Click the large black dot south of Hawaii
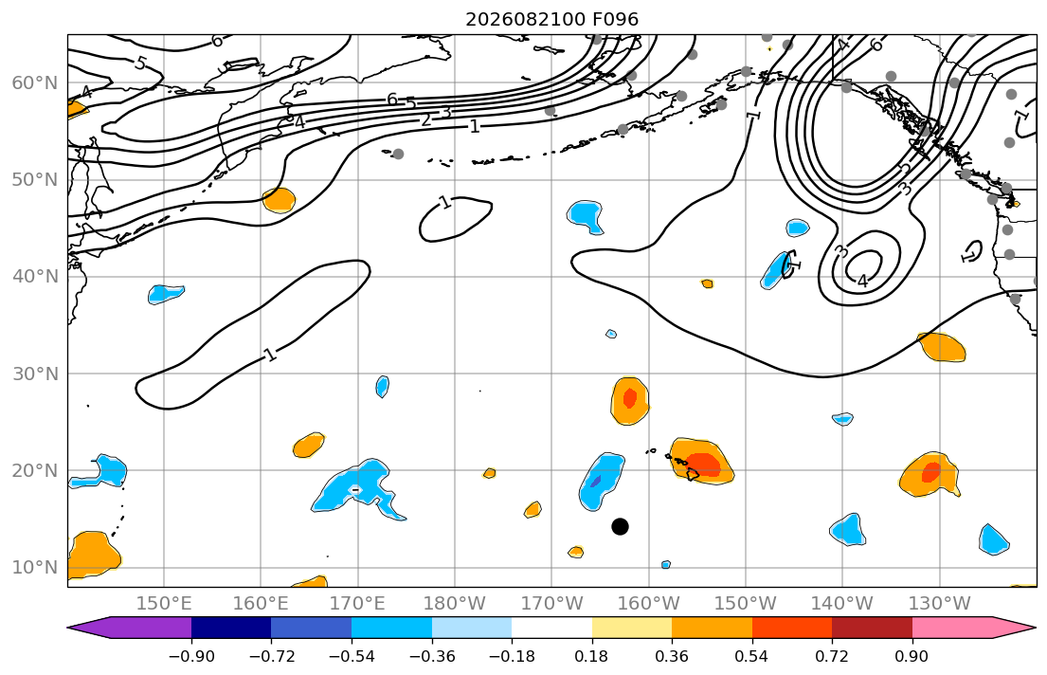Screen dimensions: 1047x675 tap(620, 527)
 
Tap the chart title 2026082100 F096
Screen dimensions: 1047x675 tap(551, 19)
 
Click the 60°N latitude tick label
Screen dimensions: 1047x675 tap(35, 82)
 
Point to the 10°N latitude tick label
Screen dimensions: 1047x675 tap(35, 568)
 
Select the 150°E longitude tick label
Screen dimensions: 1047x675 tap(164, 604)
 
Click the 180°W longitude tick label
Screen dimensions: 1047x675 tap(455, 604)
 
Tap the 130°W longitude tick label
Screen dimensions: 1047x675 tap(940, 604)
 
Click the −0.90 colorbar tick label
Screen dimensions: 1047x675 tap(191, 656)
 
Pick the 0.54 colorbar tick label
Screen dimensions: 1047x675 tap(752, 656)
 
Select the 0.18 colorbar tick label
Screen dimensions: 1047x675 tap(591, 656)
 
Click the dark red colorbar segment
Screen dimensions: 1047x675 tap(872, 628)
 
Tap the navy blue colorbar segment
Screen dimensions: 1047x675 tap(231, 628)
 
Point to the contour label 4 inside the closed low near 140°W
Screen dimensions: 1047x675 tap(862, 281)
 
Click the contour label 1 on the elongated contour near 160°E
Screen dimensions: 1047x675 tap(270, 355)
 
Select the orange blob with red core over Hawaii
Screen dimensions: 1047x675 tap(701, 461)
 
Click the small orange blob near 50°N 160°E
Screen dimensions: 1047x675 tap(279, 200)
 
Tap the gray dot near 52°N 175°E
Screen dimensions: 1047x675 tap(398, 154)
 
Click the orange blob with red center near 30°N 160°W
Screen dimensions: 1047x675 tap(630, 400)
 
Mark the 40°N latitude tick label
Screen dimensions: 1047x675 tap(35, 277)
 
